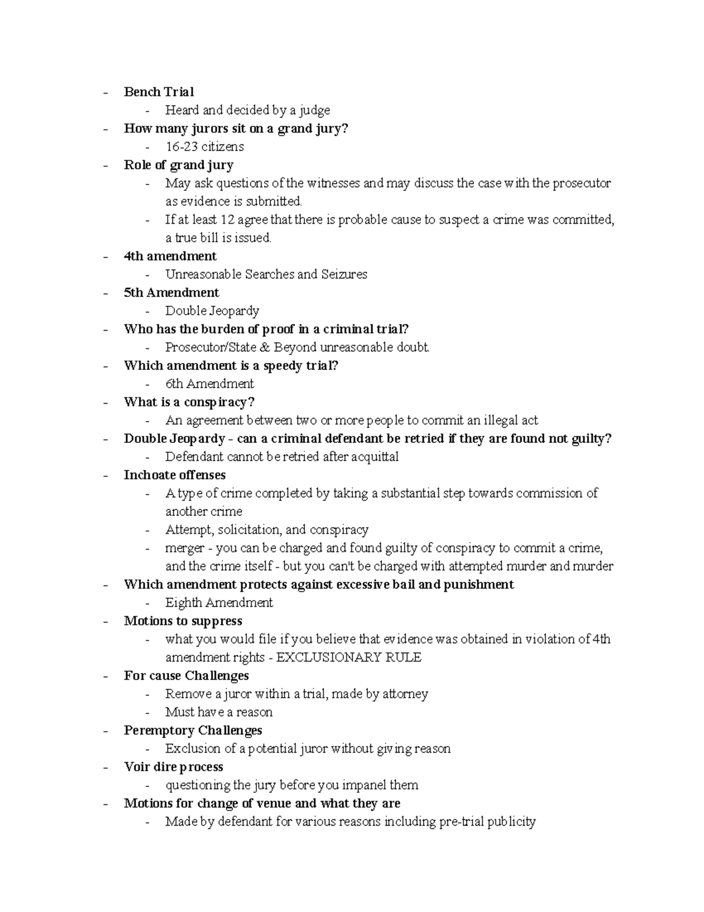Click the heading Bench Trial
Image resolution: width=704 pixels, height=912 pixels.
click(x=158, y=92)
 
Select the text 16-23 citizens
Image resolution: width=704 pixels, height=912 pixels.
click(x=204, y=146)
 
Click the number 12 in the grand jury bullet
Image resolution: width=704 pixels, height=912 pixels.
click(x=227, y=220)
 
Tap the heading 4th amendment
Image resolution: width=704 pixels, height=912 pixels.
click(x=170, y=256)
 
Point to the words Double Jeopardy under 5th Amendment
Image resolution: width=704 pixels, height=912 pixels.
click(x=212, y=311)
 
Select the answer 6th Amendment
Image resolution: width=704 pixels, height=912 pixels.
click(x=209, y=383)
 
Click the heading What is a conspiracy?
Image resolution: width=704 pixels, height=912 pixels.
click(x=189, y=402)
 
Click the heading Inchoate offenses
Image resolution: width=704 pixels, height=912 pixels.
click(x=174, y=475)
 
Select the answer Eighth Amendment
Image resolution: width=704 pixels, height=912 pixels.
click(x=219, y=603)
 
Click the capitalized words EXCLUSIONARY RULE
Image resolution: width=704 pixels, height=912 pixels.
click(x=348, y=657)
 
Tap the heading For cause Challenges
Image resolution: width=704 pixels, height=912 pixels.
click(x=186, y=675)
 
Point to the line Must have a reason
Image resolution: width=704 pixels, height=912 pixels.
click(x=219, y=712)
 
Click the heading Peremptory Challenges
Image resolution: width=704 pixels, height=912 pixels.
click(x=193, y=730)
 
